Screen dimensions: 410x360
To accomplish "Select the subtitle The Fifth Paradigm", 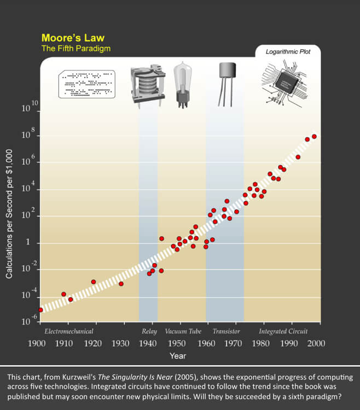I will pyautogui.click(x=76, y=49).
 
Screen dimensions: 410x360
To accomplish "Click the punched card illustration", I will pyautogui.click(x=86, y=84).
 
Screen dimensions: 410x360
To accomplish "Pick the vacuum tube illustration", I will pyautogui.click(x=182, y=85).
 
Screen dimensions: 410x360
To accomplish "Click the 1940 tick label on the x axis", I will pyautogui.click(x=148, y=343).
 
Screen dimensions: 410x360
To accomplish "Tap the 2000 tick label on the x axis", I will pyautogui.click(x=316, y=343).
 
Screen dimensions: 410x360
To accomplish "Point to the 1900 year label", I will pyautogui.click(x=37, y=343).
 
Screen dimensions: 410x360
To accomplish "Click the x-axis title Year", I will pyautogui.click(x=177, y=356).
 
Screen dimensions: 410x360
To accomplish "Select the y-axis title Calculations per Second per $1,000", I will pyautogui.click(x=9, y=216).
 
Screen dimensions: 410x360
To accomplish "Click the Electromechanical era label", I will pyautogui.click(x=69, y=331).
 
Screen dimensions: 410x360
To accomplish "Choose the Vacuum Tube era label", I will pyautogui.click(x=183, y=331).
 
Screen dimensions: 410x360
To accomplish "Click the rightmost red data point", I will pyautogui.click(x=314, y=137).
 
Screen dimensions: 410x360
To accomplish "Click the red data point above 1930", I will pyautogui.click(x=121, y=284).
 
